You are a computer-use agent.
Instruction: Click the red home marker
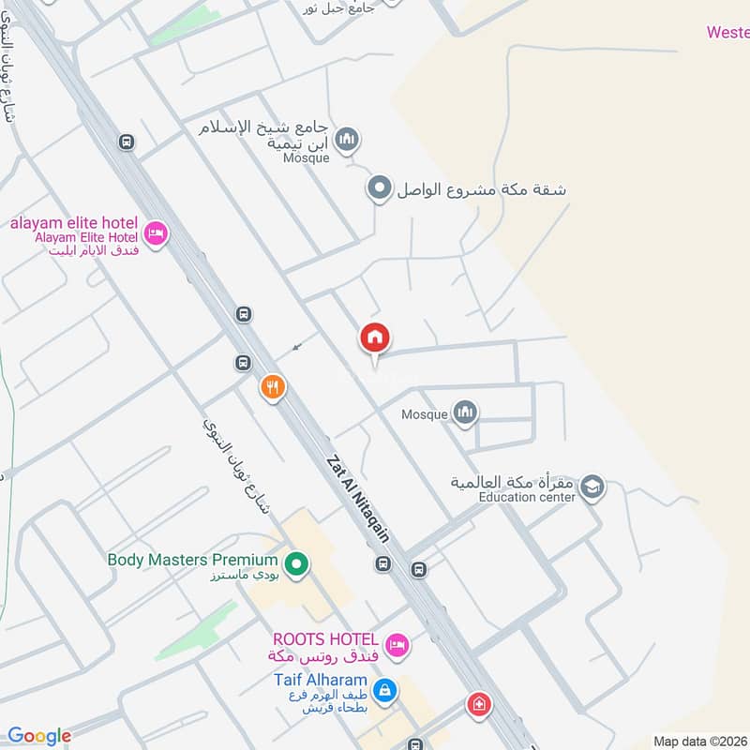(x=375, y=338)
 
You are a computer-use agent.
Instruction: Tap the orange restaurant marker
(x=273, y=386)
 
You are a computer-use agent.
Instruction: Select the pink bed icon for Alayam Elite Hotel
(x=156, y=232)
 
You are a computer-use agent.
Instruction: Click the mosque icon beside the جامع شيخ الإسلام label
(x=348, y=140)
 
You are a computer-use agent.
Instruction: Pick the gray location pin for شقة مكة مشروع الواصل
(x=379, y=188)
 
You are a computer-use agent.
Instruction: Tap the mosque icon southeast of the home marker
(x=465, y=412)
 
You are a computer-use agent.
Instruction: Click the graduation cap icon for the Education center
(x=592, y=487)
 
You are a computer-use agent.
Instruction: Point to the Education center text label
(x=526, y=497)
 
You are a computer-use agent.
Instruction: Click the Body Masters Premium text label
(x=192, y=560)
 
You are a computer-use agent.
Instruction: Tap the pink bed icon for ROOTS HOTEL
(x=398, y=645)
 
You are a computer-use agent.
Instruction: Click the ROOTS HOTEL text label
(x=326, y=637)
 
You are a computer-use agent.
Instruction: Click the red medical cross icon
(x=479, y=704)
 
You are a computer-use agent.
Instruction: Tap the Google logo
(x=39, y=737)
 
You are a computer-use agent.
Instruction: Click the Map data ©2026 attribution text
(x=699, y=741)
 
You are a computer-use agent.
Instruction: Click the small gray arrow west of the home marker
(x=297, y=346)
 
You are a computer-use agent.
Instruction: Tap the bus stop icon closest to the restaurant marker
(x=244, y=363)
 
